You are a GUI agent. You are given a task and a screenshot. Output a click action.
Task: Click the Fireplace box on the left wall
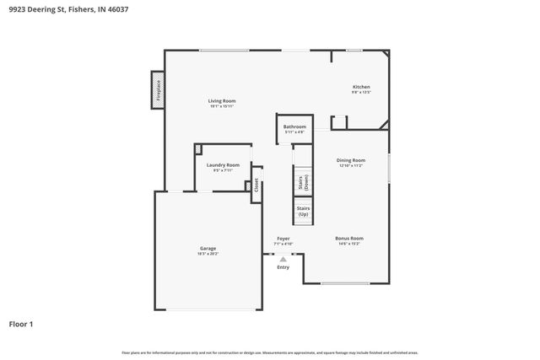coord(158,89)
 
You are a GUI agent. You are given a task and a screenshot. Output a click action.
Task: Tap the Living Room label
coord(222,101)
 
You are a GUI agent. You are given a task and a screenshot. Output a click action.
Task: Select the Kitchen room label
coord(361,87)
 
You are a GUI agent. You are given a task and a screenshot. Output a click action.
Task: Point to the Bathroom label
coord(294,127)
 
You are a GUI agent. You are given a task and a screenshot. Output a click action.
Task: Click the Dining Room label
coord(351,159)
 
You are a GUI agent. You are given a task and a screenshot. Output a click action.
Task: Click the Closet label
coord(256,185)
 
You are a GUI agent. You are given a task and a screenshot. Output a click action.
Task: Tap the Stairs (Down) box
coord(302,183)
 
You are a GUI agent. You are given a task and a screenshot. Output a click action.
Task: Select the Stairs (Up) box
coord(302,212)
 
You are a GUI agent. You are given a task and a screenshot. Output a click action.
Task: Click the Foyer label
coord(283,239)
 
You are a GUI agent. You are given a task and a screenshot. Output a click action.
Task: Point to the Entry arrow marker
coord(283,260)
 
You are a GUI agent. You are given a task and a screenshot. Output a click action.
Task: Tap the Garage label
coord(208,248)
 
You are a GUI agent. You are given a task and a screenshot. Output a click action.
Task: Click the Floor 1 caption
coord(22,323)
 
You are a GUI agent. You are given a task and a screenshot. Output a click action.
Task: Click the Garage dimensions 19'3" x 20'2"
coord(208,253)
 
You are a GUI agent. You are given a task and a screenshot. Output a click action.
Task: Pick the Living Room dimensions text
coord(222,106)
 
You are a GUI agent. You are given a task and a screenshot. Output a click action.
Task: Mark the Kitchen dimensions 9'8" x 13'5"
coord(361,92)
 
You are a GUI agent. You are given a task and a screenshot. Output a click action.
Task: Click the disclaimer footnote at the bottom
coord(270,352)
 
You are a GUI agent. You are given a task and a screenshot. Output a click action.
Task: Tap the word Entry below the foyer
coord(283,267)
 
